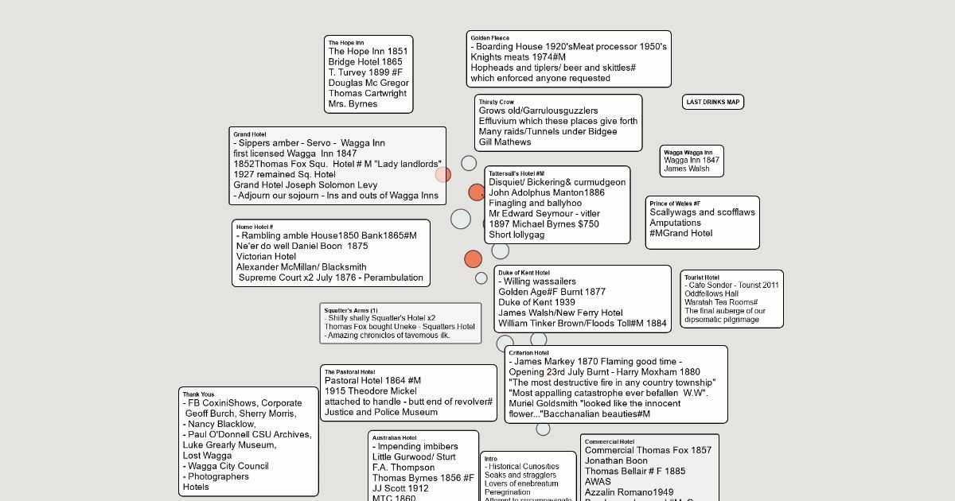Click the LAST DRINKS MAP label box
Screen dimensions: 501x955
pyautogui.click(x=713, y=102)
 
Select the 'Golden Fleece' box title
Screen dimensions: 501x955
pyautogui.click(x=489, y=37)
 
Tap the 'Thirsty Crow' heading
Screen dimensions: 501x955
pyautogui.click(x=496, y=102)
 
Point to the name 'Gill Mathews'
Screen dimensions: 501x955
pyautogui.click(x=505, y=142)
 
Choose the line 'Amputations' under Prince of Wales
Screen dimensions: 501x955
pyautogui.click(x=675, y=223)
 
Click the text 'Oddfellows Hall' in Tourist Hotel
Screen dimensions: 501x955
pyautogui.click(x=711, y=293)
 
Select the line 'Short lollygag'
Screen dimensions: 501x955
pyautogui.click(x=516, y=235)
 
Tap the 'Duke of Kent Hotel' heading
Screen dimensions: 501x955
pyautogui.click(x=524, y=272)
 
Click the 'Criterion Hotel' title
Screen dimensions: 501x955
pyautogui.click(x=528, y=352)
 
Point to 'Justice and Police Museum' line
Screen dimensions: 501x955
pyautogui.click(x=381, y=412)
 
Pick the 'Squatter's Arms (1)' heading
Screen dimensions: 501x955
pyautogui.click(x=351, y=309)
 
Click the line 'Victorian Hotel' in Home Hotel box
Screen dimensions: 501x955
pyautogui.click(x=266, y=257)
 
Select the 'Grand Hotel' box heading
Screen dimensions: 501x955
pyautogui.click(x=250, y=134)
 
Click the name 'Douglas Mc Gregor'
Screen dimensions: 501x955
pyautogui.click(x=368, y=83)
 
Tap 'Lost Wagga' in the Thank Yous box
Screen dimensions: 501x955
pyautogui.click(x=207, y=456)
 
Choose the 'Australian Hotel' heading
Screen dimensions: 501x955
pyautogui.click(x=394, y=437)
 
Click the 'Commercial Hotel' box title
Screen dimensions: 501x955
pyautogui.click(x=609, y=441)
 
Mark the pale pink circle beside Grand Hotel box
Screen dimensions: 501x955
pyautogui.click(x=443, y=175)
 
